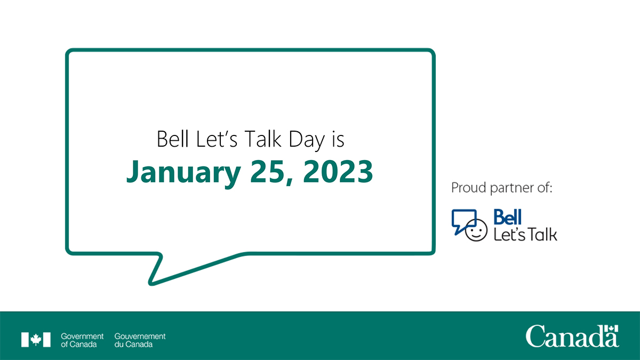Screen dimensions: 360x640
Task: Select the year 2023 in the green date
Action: tap(341, 171)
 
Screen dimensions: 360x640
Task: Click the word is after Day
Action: tap(337, 140)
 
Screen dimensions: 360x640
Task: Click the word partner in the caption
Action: tap(510, 188)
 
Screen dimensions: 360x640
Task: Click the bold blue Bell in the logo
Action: tap(507, 217)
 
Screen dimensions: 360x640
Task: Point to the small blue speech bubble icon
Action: tap(462, 220)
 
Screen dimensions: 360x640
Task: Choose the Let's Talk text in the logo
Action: tap(525, 234)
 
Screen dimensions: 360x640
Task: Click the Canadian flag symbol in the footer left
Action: tap(36, 340)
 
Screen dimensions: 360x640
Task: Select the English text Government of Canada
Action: tap(82, 340)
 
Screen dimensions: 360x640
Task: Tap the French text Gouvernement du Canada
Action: tap(140, 340)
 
